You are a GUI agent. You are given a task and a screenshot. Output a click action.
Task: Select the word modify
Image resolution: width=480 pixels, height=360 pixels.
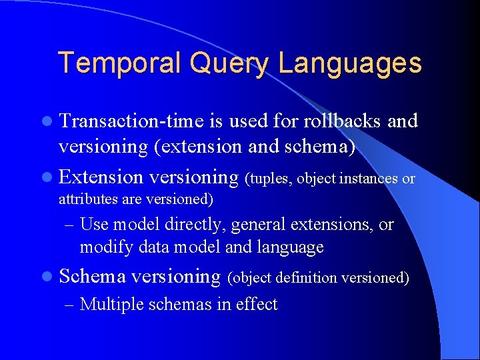(101, 247)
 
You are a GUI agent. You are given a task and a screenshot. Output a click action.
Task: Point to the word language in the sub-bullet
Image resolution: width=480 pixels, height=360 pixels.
(292, 247)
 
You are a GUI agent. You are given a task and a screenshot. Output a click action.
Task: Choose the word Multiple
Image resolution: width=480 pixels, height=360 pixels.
(113, 305)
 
